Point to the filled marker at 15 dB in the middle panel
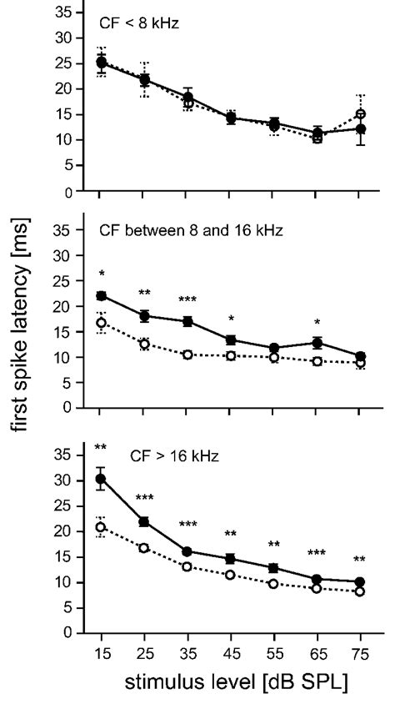pyautogui.click(x=101, y=296)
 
